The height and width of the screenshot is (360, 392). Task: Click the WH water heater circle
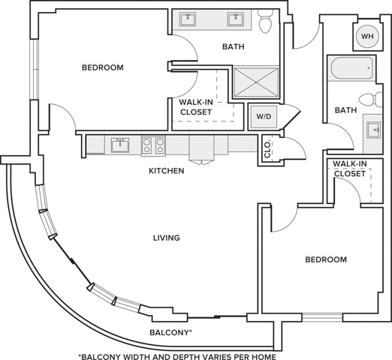[x=367, y=37]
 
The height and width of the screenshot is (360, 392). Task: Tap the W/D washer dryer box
[x=264, y=116]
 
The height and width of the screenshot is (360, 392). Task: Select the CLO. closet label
[x=267, y=150]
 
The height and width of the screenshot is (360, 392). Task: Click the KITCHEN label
[x=167, y=171]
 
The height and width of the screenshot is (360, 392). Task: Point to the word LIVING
[x=167, y=238]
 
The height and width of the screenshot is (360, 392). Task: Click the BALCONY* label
[x=170, y=332]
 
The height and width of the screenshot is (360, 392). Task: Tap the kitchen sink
[x=120, y=145]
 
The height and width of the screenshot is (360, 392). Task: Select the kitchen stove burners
[x=153, y=145]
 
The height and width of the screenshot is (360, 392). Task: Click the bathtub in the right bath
[x=353, y=68]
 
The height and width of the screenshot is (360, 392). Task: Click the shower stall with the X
[x=257, y=82]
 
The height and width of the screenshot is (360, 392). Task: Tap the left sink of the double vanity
[x=188, y=19]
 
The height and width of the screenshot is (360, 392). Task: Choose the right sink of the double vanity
[x=235, y=19]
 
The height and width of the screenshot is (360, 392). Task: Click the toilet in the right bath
[x=370, y=99]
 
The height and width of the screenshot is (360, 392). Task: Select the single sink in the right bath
[x=373, y=130]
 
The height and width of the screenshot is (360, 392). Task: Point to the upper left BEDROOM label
[x=103, y=67]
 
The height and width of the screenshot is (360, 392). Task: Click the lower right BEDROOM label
[x=326, y=259]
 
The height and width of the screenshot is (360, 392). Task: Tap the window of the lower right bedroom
[x=322, y=317]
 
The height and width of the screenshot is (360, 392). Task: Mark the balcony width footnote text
[x=177, y=356]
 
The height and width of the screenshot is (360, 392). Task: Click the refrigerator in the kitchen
[x=201, y=149]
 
